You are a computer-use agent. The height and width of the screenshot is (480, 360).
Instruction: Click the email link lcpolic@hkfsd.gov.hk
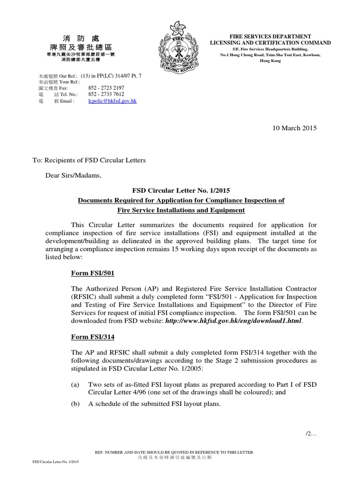pos(112,101)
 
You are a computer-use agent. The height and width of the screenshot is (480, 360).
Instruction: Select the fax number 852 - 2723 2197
pos(106,88)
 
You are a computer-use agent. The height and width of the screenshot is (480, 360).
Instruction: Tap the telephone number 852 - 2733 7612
pos(106,94)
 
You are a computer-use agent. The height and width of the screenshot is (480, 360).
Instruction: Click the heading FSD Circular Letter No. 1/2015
pos(181,191)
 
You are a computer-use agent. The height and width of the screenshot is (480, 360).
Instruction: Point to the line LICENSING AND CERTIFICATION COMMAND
pos(270,43)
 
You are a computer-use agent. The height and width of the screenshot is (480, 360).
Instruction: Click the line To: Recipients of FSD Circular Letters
pos(89,160)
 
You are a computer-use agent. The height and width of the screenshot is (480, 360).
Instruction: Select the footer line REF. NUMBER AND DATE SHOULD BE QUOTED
pos(174,452)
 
